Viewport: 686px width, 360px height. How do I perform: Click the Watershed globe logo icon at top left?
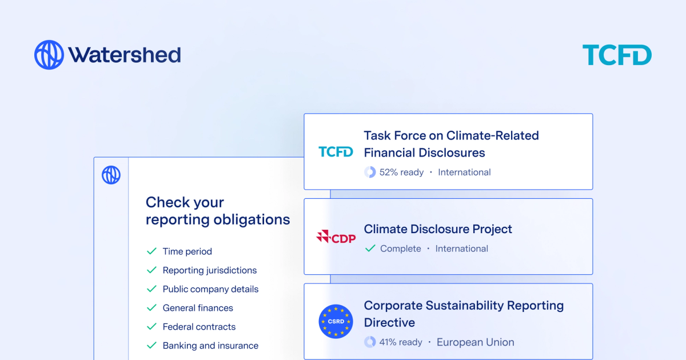49,55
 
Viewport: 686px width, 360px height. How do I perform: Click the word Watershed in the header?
125,55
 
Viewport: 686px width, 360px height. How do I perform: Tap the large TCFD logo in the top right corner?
617,55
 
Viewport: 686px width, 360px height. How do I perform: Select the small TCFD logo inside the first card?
336,151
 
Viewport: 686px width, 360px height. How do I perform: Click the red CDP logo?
336,237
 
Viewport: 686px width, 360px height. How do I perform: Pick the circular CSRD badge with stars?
336,321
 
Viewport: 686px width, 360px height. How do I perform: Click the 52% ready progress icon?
370,172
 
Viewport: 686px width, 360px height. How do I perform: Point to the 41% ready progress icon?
370,342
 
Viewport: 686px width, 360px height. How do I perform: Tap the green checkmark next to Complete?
370,249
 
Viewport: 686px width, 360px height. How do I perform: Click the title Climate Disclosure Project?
438,229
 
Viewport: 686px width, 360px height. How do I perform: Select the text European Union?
475,342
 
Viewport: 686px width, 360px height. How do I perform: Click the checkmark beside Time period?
151,251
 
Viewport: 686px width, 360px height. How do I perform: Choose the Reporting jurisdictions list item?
209,270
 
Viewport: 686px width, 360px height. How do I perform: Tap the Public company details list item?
210,289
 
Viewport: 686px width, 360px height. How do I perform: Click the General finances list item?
198,308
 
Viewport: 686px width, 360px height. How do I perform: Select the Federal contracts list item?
199,327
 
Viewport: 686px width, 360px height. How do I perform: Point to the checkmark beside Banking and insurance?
151,346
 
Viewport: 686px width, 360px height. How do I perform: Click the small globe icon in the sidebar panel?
111,175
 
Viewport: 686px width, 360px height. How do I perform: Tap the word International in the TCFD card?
464,172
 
